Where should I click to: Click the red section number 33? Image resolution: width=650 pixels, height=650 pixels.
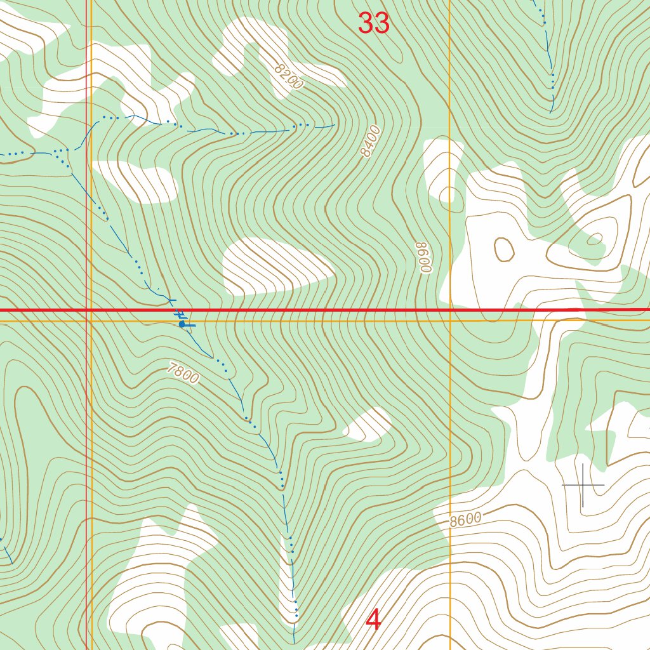pyautogui.click(x=373, y=23)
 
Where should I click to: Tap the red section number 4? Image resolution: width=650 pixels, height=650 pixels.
pyautogui.click(x=374, y=620)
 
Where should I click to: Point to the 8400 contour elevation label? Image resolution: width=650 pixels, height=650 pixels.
pyautogui.click(x=369, y=141)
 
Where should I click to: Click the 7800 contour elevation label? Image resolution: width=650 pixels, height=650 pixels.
pyautogui.click(x=184, y=373)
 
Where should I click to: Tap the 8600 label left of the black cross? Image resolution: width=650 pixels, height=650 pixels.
pyautogui.click(x=465, y=520)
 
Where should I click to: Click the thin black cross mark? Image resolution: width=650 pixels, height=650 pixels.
pyautogui.click(x=583, y=486)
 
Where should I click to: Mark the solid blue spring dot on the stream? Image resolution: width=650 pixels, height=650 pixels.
pyautogui.click(x=182, y=324)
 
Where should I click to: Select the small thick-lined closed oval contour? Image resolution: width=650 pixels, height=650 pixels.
pyautogui.click(x=504, y=249)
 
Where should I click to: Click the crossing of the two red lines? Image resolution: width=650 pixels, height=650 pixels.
pyautogui.click(x=87, y=310)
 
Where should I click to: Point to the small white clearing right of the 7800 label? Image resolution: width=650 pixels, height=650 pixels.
pyautogui.click(x=368, y=425)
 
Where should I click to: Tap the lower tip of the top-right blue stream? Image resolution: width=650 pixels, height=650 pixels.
pyautogui.click(x=551, y=112)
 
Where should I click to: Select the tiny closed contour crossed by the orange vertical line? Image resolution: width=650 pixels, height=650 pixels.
pyautogui.click(x=449, y=194)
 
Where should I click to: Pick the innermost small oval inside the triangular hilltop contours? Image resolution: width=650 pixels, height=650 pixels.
pyautogui.click(x=595, y=239)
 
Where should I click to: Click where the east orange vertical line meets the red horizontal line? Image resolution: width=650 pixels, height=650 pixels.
pyautogui.click(x=449, y=310)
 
